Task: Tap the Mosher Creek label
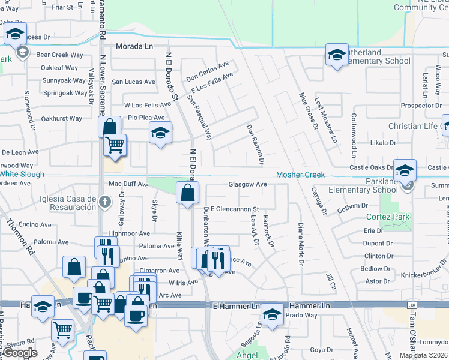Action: (x=300, y=175)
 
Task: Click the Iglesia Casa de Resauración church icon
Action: (x=106, y=202)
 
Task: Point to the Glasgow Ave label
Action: (x=247, y=184)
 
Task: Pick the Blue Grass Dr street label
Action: (x=307, y=110)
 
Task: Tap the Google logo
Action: (x=20, y=353)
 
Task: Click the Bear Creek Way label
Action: (x=59, y=55)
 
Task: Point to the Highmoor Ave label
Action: (x=128, y=233)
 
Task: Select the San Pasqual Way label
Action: (x=199, y=118)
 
